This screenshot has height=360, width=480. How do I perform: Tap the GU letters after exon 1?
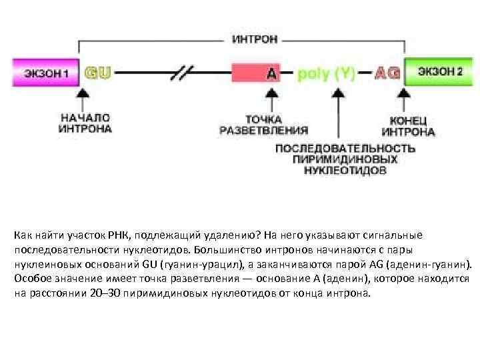[97, 73]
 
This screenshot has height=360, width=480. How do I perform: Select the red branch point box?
[255, 73]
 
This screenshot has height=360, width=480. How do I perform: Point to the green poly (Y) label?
[326, 73]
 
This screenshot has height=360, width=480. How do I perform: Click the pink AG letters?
[387, 73]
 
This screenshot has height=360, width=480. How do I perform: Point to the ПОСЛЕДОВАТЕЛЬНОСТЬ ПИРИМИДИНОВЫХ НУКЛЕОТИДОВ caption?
[345, 159]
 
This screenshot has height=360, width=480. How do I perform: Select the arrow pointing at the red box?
[271, 98]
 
